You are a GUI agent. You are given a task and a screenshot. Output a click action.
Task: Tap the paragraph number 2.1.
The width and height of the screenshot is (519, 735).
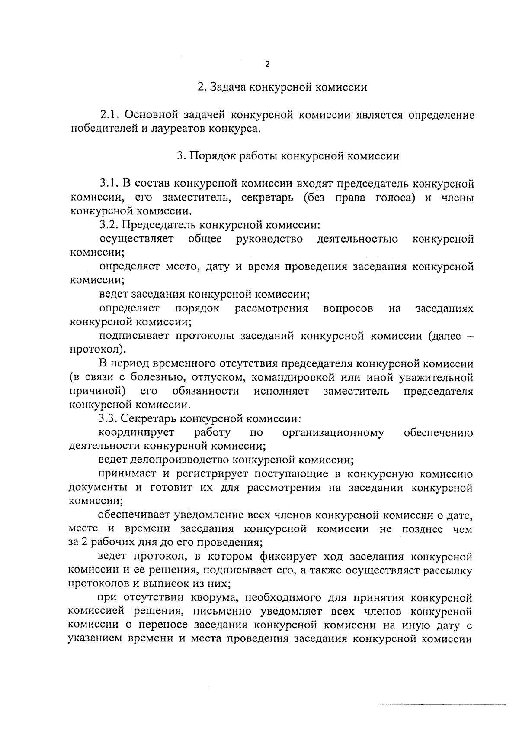pyautogui.click(x=110, y=115)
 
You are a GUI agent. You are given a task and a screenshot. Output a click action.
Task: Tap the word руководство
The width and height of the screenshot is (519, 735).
pyautogui.click(x=269, y=239)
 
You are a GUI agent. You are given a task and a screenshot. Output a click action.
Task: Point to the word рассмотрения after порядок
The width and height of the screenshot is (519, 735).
pyautogui.click(x=271, y=308)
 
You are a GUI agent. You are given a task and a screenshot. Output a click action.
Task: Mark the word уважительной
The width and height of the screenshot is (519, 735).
pyautogui.click(x=436, y=377)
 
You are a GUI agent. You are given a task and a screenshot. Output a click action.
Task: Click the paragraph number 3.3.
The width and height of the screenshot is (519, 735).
pyautogui.click(x=108, y=419)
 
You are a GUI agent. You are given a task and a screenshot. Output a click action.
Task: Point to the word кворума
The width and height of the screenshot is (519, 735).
pyautogui.click(x=215, y=598)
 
